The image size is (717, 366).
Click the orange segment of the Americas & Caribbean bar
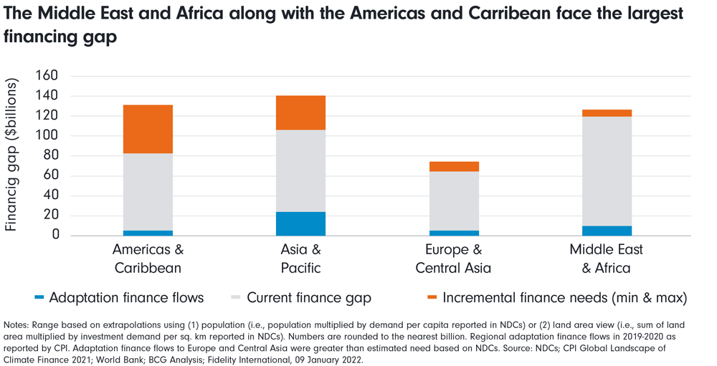tap(148, 129)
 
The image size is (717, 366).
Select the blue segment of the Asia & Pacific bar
tap(300, 223)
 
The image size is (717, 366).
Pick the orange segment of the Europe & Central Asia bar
tap(454, 166)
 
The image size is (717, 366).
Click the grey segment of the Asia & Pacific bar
tap(300, 170)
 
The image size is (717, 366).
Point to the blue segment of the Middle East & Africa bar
tap(607, 231)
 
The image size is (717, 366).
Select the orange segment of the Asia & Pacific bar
tap(300, 112)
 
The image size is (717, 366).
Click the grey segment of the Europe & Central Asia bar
tap(454, 201)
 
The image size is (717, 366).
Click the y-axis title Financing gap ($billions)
tap(11, 155)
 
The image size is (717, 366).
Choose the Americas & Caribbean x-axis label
tap(148, 259)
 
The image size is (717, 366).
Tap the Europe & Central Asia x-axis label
tap(454, 259)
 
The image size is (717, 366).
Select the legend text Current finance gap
tap(309, 297)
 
